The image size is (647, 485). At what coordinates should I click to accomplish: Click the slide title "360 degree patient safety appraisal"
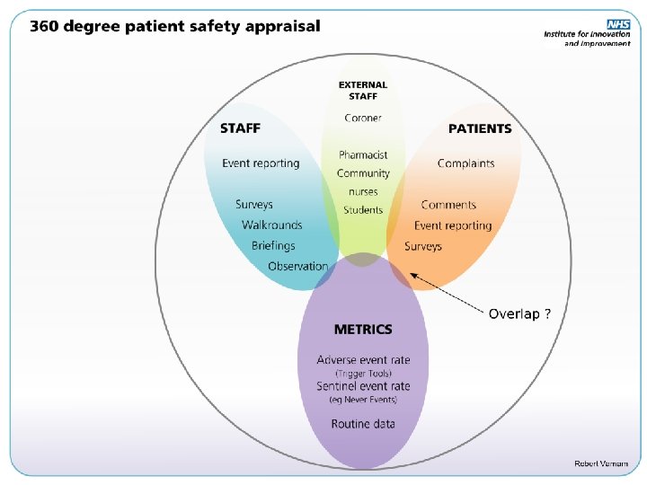(x=174, y=25)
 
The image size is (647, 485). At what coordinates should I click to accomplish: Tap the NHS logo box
(x=618, y=24)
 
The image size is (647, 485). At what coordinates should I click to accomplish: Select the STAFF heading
(x=240, y=128)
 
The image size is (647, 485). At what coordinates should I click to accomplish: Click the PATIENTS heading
(x=480, y=128)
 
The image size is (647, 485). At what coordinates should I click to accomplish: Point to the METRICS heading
(x=363, y=330)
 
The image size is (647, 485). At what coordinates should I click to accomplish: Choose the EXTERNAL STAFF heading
(x=363, y=90)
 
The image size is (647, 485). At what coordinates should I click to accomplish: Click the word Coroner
(x=363, y=118)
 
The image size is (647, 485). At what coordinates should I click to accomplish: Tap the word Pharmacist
(x=363, y=155)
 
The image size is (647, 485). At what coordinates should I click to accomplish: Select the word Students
(x=363, y=210)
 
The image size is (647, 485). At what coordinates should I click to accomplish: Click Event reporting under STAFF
(x=261, y=163)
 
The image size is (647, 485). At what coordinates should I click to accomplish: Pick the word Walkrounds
(x=271, y=225)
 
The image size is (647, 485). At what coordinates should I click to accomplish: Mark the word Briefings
(x=273, y=245)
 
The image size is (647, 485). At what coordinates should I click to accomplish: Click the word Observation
(x=298, y=266)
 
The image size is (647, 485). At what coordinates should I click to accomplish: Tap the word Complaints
(x=465, y=163)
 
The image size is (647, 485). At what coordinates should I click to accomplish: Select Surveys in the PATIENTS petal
(x=423, y=246)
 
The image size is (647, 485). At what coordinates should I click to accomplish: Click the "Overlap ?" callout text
(x=519, y=313)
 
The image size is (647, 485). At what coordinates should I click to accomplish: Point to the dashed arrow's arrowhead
(x=412, y=273)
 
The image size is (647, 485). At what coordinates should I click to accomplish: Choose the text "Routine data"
(x=363, y=424)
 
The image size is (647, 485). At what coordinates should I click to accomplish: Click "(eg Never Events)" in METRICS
(x=363, y=400)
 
